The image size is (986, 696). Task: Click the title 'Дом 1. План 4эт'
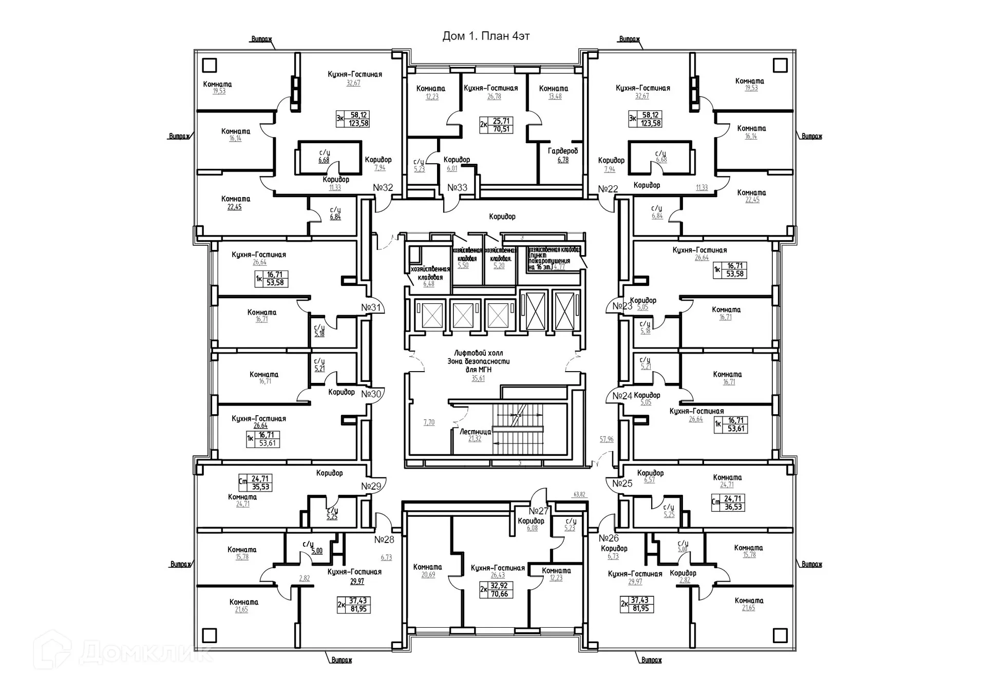(x=486, y=36)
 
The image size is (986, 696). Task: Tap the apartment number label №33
(x=457, y=188)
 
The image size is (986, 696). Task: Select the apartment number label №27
(x=539, y=511)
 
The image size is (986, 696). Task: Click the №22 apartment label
(x=608, y=189)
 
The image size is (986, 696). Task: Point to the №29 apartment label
(x=371, y=486)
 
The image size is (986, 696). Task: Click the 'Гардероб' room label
(x=563, y=151)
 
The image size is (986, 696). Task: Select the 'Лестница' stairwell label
(x=475, y=432)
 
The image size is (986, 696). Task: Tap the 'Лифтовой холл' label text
(x=478, y=353)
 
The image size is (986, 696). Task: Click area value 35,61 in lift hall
(x=478, y=378)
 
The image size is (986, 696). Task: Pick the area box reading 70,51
(x=501, y=129)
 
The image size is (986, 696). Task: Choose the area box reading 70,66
(x=499, y=594)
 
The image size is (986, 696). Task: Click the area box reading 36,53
(x=733, y=507)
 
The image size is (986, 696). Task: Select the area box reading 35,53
(x=260, y=487)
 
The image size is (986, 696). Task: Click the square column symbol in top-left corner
(x=210, y=65)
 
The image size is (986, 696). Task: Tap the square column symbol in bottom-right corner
(x=780, y=635)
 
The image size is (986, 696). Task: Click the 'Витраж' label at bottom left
(x=342, y=660)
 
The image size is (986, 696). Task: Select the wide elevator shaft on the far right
(x=565, y=311)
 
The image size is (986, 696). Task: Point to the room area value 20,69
(x=428, y=575)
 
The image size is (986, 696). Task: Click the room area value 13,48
(x=555, y=96)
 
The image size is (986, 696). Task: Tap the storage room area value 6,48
(x=428, y=284)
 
